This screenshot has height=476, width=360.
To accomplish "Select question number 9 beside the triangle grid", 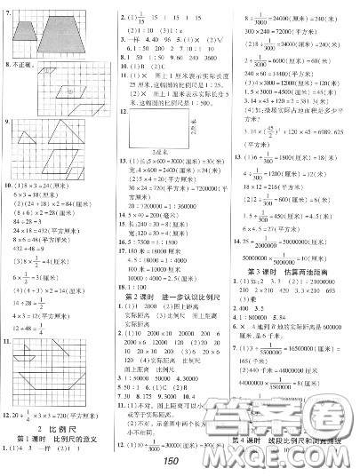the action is coord(7,119).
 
